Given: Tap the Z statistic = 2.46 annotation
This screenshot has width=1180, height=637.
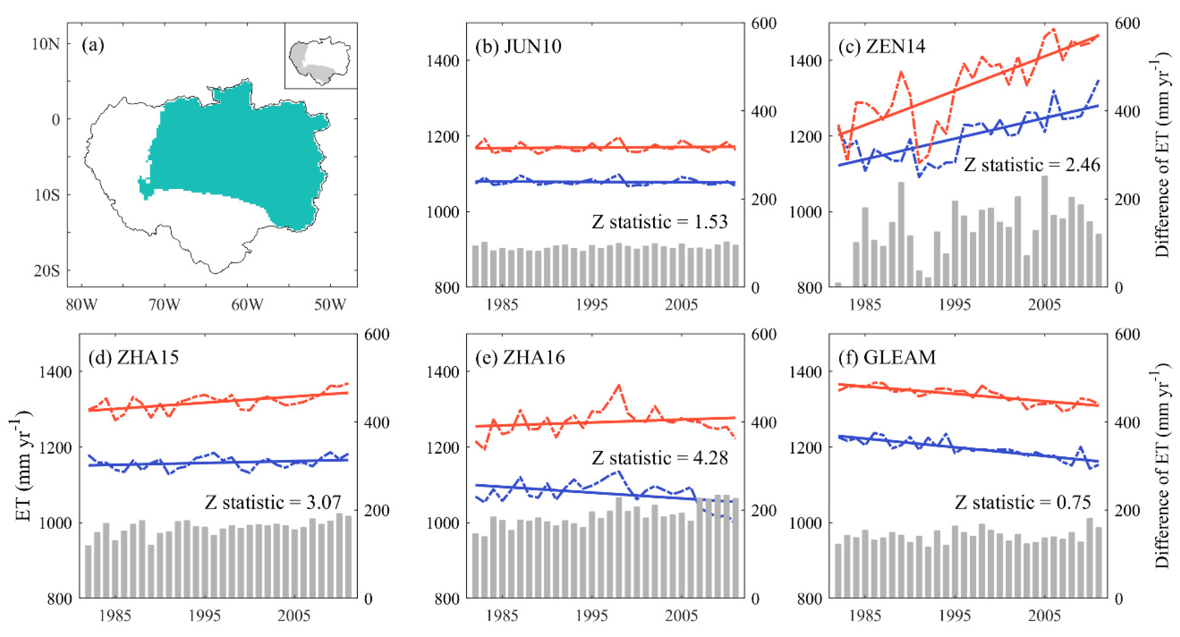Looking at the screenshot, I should [x=1032, y=165].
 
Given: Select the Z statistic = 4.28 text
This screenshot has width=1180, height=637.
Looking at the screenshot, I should [x=660, y=458].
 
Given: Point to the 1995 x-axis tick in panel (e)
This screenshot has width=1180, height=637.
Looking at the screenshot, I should [x=591, y=615].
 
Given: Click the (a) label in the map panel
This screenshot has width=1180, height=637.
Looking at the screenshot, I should [x=93, y=45].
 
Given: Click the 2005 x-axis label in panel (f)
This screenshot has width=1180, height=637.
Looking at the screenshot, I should [x=1044, y=615].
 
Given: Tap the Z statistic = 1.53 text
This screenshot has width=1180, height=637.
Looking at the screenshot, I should [x=660, y=222].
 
